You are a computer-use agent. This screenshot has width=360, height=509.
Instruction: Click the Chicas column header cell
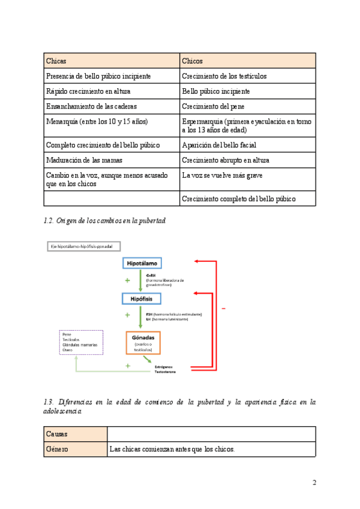[112, 61]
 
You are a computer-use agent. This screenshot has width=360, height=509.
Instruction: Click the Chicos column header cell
[248, 61]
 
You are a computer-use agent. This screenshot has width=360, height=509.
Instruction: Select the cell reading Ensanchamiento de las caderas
[112, 106]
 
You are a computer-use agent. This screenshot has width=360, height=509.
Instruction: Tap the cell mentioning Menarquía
[112, 125]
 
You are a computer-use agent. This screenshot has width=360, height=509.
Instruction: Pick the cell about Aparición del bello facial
[248, 145]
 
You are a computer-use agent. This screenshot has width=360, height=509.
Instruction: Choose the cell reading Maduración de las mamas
[112, 160]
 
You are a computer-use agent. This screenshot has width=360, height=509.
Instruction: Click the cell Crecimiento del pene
[248, 106]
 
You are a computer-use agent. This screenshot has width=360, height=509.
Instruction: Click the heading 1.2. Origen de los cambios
[104, 221]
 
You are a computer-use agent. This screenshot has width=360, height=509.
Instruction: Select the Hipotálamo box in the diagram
[144, 264]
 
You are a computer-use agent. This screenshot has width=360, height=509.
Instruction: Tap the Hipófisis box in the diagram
[144, 298]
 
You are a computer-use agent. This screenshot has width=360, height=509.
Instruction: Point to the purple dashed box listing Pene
[80, 342]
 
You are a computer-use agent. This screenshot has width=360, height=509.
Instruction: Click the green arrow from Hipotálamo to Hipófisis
[140, 280]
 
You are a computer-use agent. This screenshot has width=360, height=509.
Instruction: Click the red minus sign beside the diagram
[223, 309]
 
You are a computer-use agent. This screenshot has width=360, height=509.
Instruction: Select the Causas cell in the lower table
[75, 434]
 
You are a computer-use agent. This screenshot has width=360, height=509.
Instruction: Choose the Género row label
[75, 449]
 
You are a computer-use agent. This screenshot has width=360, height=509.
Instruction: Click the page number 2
[314, 483]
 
